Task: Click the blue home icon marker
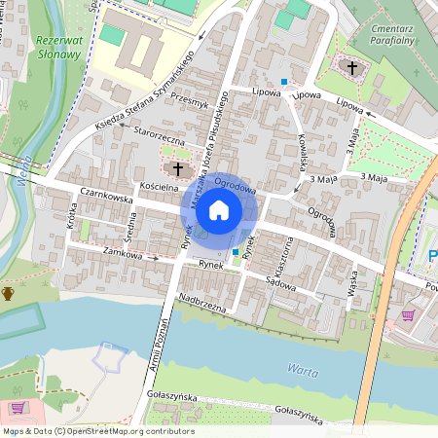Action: click(x=219, y=209)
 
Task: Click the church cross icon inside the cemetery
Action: click(x=352, y=67)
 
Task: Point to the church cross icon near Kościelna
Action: click(x=179, y=168)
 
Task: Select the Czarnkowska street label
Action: click(x=106, y=196)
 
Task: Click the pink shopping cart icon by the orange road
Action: click(x=408, y=315)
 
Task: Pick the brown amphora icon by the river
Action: click(x=8, y=292)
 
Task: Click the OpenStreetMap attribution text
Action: click(x=97, y=431)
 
